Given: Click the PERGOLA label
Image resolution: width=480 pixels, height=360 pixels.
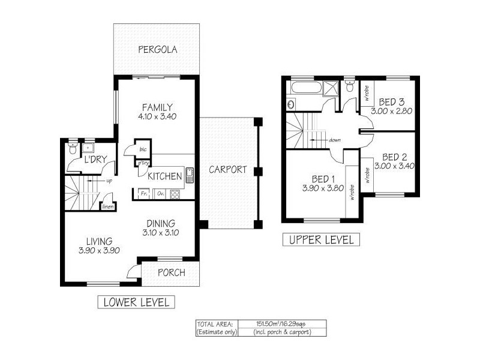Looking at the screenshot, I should pos(157,50).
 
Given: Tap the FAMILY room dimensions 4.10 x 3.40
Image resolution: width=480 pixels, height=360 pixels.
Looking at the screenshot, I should pos(157,116).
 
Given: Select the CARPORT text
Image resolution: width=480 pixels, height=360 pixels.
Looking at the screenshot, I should pos(227,170).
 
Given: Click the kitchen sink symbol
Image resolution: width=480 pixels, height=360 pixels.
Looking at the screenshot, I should pos(190,175).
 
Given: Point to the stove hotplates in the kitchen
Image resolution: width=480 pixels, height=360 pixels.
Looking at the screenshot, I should pos(176,194).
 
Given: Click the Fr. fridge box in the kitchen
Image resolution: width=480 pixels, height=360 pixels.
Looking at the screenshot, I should pos(144,194).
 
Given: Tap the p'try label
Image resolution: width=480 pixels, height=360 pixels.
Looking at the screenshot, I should pos(143,163).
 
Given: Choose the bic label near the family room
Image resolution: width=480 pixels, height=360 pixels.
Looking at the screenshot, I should pos(143,149).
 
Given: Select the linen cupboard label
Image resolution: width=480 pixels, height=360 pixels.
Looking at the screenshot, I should pos(108,207).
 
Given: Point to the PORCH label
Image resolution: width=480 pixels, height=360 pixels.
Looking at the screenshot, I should pos(172,273).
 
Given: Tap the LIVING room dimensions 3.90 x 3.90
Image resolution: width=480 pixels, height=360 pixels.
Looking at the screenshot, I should pos(100,251).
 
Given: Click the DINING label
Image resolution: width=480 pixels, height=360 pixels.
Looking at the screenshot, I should pos(159,222).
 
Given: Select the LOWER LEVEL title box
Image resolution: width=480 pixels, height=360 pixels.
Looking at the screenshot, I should pos(136,301).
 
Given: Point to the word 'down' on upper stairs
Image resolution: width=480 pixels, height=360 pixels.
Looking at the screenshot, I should pos(335,140).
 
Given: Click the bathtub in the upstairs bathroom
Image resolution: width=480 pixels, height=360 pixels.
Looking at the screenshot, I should pos(305,91).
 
